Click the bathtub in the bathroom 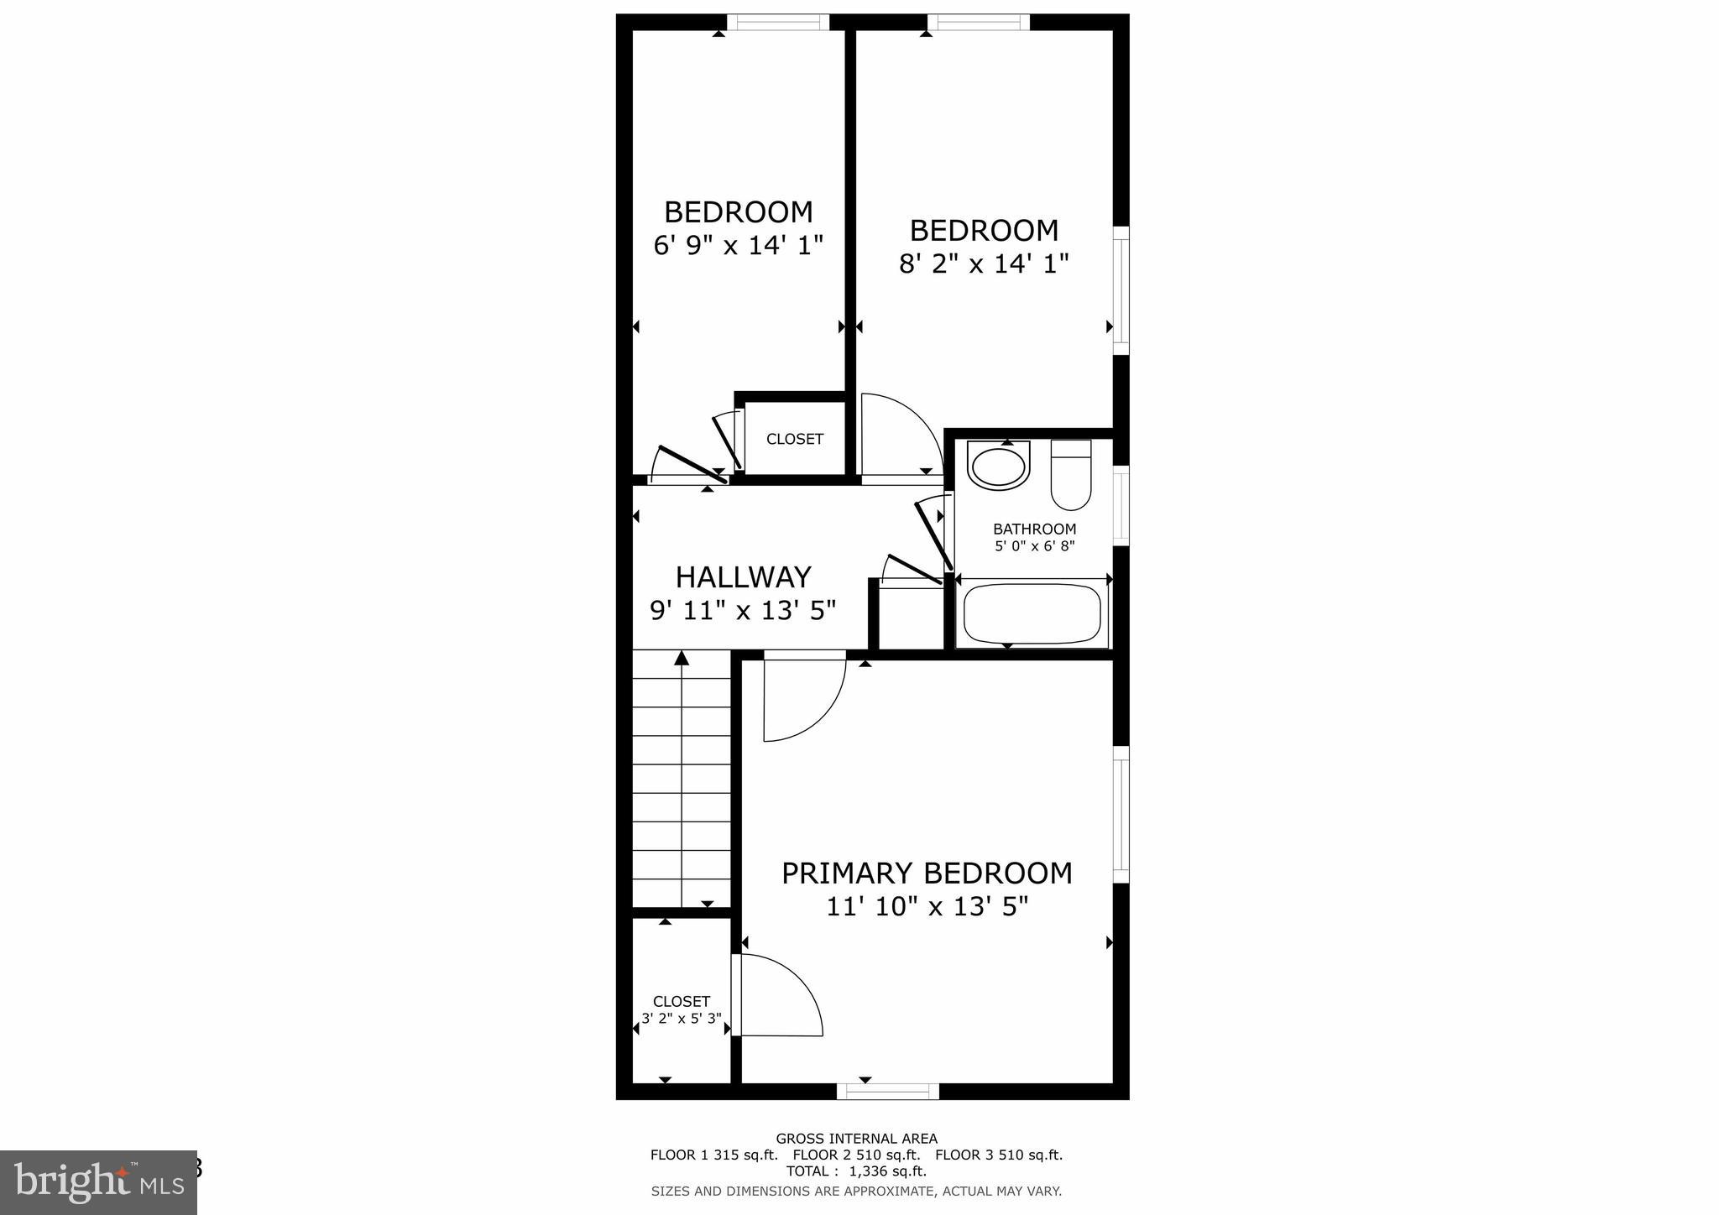[1032, 613]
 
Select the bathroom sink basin [998, 467]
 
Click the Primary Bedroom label [927, 873]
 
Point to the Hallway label [743, 577]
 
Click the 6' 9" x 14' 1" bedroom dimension [738, 246]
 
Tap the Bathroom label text [1034, 529]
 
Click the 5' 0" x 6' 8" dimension [1034, 546]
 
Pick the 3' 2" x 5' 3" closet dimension [681, 1019]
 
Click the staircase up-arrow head [682, 659]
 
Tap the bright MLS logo [99, 1182]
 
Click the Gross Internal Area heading [856, 1139]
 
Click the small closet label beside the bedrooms [794, 439]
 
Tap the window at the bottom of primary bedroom [887, 1091]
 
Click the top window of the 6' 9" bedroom [777, 23]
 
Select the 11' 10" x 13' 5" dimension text [927, 907]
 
